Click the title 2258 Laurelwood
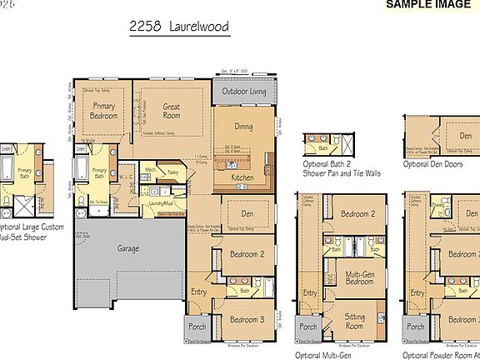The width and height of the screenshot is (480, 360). [x=178, y=27]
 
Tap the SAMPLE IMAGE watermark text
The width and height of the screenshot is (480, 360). [x=429, y=5]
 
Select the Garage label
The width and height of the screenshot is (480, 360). [x=127, y=248]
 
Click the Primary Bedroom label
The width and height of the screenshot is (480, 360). [x=103, y=111]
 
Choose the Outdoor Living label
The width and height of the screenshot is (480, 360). [x=243, y=92]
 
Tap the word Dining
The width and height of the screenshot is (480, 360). [x=243, y=127]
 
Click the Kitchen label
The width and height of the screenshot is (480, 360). [x=242, y=178]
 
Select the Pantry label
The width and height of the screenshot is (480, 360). [x=173, y=172]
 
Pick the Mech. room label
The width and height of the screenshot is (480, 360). [x=151, y=169]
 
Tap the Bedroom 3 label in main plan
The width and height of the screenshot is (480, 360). [x=247, y=320]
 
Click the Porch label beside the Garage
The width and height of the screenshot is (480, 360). [x=197, y=327]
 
